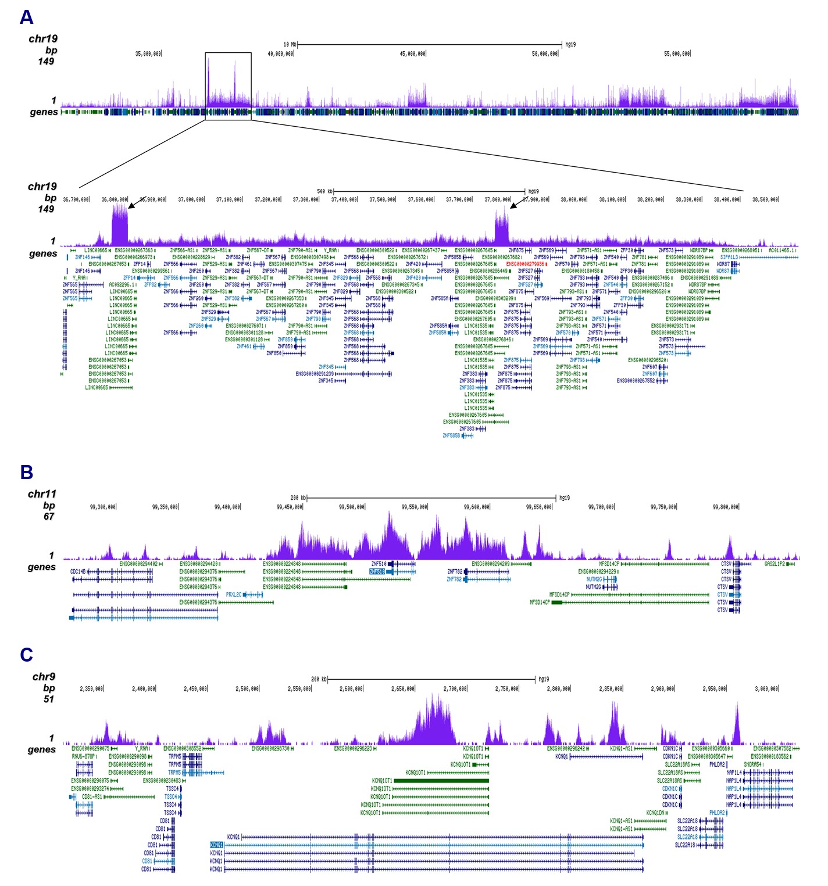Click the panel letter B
click(26, 472)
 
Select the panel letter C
click(26, 655)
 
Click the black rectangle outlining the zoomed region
click(228, 53)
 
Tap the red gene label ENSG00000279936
click(525, 264)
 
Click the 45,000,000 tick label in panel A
click(412, 53)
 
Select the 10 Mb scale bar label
click(290, 44)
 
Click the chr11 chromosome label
click(42, 494)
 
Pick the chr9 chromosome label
click(44, 677)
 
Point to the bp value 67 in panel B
click(49, 516)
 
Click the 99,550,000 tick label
click(414, 507)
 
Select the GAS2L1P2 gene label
click(774, 564)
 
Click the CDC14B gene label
click(78, 571)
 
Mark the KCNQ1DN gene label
click(655, 813)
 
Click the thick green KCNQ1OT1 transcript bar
click(441, 781)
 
